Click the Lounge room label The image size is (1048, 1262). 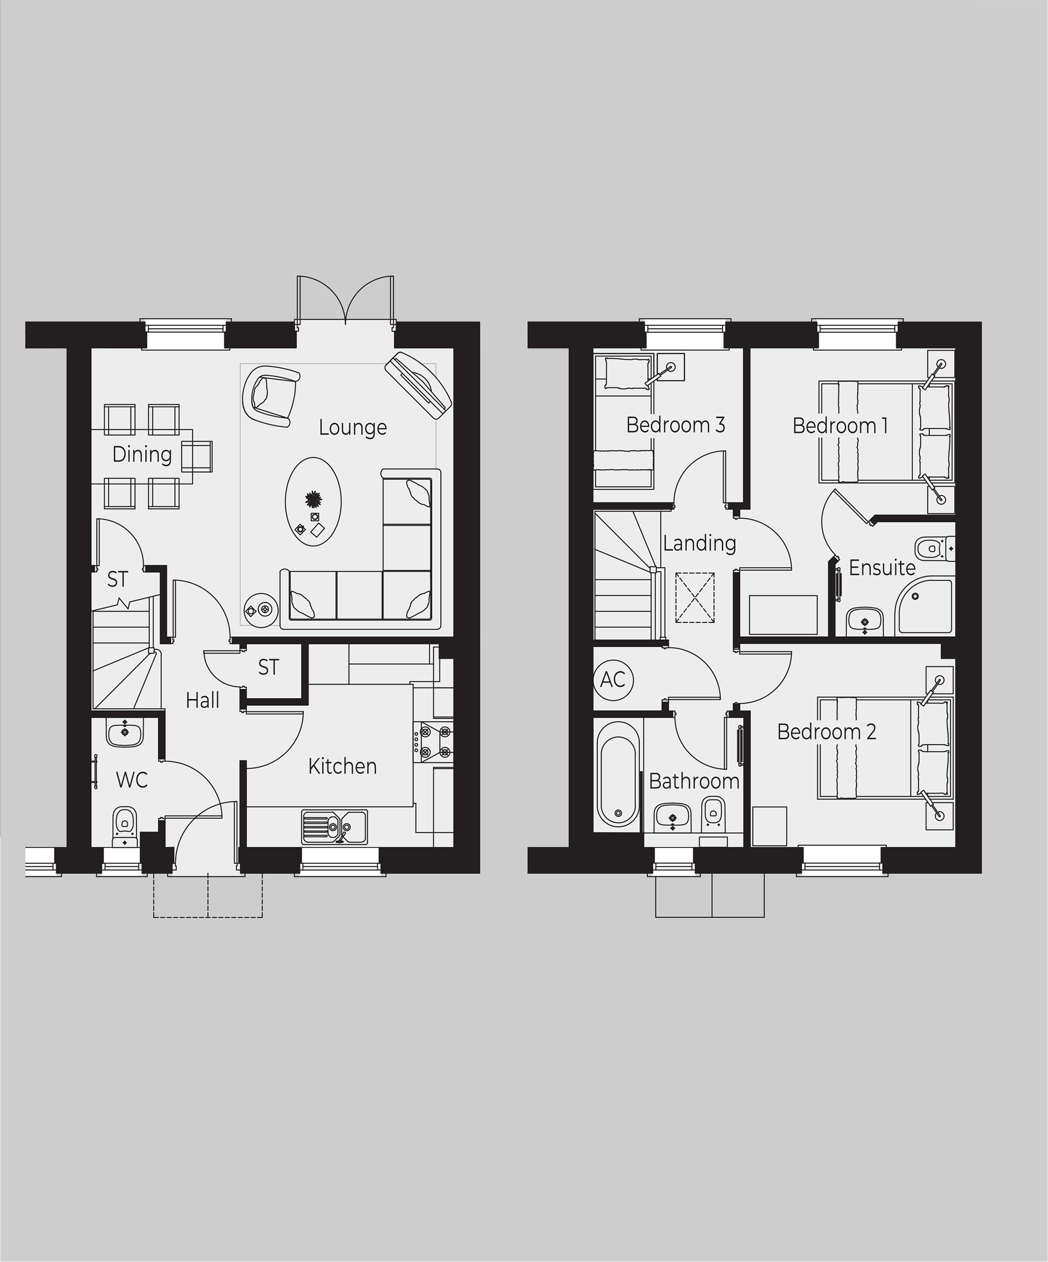353,427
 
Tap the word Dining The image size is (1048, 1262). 142,454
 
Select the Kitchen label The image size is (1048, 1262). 343,766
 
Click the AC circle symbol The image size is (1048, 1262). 613,680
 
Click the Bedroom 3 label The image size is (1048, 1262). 675,426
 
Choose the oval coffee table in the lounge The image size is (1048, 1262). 313,502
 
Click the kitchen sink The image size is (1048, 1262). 334,826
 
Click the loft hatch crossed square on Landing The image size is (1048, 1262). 695,598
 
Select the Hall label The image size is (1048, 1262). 202,701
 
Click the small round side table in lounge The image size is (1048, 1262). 261,610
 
